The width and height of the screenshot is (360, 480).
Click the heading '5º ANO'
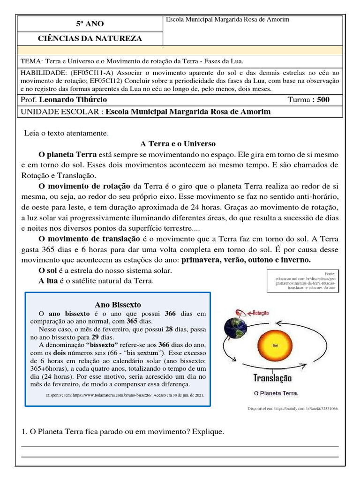[x=90, y=23]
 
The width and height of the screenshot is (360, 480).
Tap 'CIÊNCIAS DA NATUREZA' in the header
[x=90, y=38]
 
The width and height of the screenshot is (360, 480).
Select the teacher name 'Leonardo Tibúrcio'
[x=73, y=100]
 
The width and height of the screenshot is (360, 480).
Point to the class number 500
[x=323, y=100]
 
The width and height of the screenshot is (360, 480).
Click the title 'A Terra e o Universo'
[x=178, y=143]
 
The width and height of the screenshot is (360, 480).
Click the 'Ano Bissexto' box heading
[x=118, y=305]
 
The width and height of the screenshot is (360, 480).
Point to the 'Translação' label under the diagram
[x=272, y=378]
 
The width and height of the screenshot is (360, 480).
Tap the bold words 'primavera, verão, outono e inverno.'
[x=246, y=260]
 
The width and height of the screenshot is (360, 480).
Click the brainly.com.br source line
[x=292, y=409]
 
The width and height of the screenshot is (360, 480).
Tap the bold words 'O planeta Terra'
[x=67, y=154]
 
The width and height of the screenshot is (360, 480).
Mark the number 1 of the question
[x=24, y=431]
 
